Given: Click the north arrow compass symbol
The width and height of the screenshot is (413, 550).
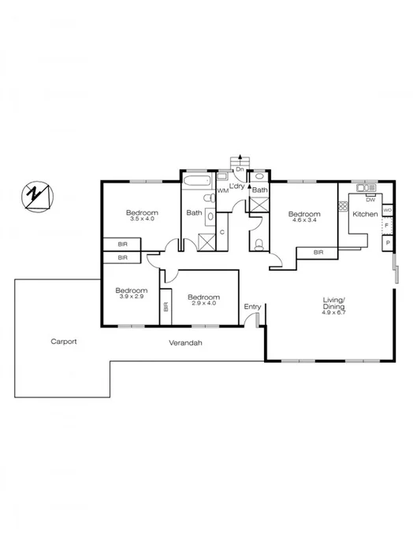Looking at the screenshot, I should point(35,195).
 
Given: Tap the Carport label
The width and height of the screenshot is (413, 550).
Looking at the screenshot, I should point(64,341).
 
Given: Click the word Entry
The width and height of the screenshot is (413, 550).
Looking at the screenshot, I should point(252,306).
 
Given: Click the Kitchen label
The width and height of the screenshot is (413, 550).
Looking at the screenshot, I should point(364,214).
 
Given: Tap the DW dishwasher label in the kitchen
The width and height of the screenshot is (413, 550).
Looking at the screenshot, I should point(370,199).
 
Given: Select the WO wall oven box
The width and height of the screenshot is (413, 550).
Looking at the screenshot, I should point(387,210).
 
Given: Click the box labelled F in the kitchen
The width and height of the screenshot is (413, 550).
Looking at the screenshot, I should point(387,227).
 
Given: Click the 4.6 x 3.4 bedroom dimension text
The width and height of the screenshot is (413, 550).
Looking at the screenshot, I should point(303,221).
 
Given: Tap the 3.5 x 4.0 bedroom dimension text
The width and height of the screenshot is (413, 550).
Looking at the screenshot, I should point(142,220).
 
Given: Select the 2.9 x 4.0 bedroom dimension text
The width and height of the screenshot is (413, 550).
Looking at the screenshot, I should point(203,303).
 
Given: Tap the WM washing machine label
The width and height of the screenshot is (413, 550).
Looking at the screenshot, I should point(222,190).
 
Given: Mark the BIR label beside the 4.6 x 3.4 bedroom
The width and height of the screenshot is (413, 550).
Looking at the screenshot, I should point(318,252).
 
